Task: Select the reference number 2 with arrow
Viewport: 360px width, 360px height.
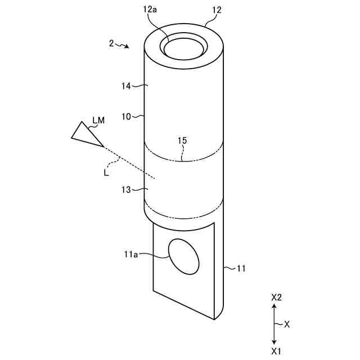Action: tap(112, 43)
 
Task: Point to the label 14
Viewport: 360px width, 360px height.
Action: tap(126, 86)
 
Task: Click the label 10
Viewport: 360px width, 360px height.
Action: tap(126, 116)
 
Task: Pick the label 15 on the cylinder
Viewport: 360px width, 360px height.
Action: tap(182, 140)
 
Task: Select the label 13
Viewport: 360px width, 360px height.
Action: tap(125, 190)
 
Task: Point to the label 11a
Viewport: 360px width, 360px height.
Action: tap(130, 254)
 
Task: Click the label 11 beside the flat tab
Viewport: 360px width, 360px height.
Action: tap(241, 269)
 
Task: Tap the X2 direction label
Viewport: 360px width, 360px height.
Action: tap(276, 297)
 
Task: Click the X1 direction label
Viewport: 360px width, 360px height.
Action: tap(276, 351)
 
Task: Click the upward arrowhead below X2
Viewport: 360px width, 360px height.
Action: tap(274, 307)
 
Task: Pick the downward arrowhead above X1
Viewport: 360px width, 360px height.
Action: tap(274, 341)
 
